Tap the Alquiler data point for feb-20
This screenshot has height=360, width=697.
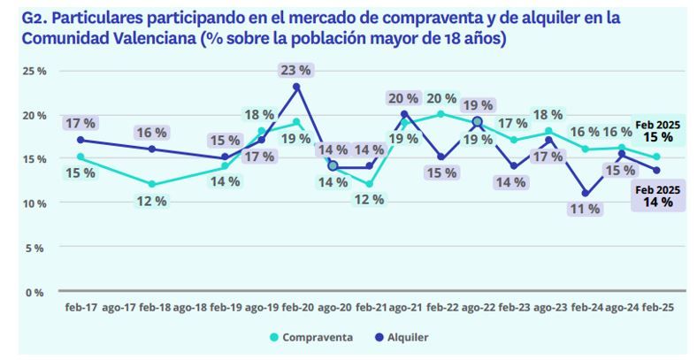(x=296, y=87)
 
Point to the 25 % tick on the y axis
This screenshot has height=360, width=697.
(x=34, y=71)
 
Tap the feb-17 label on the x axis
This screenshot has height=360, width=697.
(x=80, y=307)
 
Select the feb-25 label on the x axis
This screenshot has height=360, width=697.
(x=656, y=307)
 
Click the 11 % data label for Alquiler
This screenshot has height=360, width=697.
(x=585, y=210)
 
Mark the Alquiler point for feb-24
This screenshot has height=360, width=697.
(x=585, y=193)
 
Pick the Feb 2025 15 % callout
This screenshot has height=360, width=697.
(x=657, y=132)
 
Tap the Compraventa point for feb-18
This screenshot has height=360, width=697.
(x=152, y=184)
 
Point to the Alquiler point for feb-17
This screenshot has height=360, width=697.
(x=80, y=140)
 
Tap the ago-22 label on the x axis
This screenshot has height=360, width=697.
(x=477, y=307)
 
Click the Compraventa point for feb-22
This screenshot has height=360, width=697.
(x=440, y=114)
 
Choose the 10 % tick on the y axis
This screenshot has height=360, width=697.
(x=34, y=203)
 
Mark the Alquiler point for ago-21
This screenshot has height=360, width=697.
(x=404, y=113)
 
